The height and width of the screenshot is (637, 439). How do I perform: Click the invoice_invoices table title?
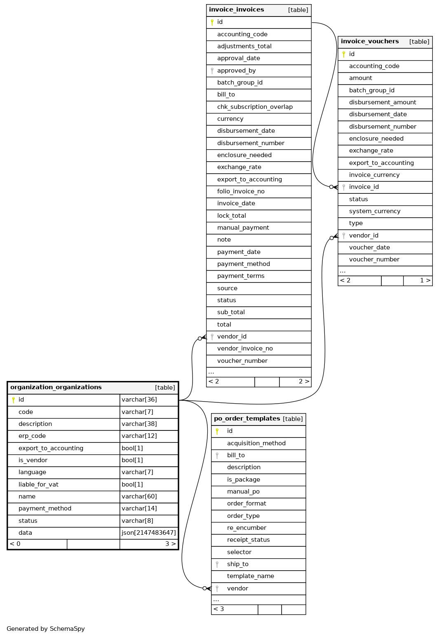pos(237,9)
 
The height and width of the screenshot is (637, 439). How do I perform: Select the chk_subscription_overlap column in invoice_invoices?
pos(255,107)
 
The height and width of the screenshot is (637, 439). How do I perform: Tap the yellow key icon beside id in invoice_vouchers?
pos(344,54)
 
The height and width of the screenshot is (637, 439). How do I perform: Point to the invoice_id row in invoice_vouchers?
pos(364,187)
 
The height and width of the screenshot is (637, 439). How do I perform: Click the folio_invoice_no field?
pos(241,191)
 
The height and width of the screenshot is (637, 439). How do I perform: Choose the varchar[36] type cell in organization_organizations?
pos(139,400)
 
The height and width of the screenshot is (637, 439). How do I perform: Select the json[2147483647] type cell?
pos(148,533)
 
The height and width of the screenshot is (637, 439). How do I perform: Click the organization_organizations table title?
pos(56,387)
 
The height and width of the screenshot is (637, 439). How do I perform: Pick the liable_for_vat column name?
pos(38,484)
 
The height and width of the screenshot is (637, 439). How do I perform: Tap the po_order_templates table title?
pos(247,418)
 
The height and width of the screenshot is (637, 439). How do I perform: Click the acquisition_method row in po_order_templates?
pos(256,443)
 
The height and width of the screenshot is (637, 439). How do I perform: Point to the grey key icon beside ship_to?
pos(217,564)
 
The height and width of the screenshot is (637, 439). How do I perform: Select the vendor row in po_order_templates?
pos(237,588)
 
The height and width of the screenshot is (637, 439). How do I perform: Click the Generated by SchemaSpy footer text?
pos(46,629)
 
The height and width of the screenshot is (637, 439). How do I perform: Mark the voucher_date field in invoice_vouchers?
pos(369,247)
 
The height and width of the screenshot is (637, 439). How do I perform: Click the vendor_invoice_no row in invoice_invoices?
pos(245,348)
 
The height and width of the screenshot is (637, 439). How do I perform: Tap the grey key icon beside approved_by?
pos(212,71)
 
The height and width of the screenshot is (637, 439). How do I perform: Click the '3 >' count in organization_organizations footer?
pos(170,544)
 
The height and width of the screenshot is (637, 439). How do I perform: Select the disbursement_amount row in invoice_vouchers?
pos(383,102)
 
